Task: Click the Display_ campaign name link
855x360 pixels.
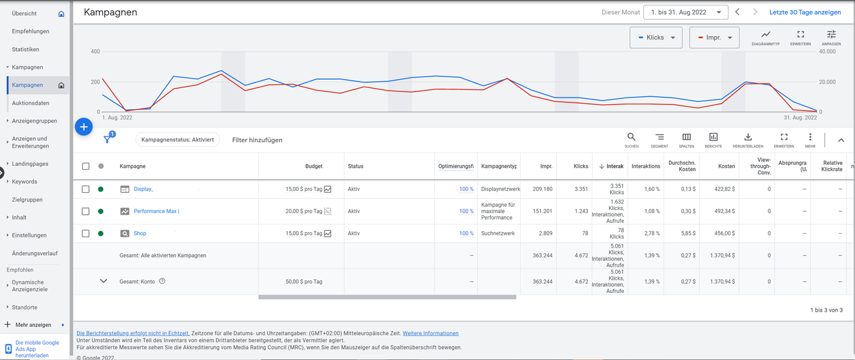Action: [143, 189]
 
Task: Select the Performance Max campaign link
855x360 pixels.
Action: [156, 211]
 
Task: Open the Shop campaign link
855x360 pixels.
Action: [140, 233]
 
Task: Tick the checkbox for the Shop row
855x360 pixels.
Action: [85, 233]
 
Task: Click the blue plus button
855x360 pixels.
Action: [84, 127]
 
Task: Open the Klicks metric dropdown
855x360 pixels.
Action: [656, 37]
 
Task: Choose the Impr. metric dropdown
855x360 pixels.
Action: [714, 37]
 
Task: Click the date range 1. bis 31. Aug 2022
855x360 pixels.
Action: [685, 12]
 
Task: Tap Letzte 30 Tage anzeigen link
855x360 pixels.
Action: [805, 12]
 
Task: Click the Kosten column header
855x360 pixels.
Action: [726, 166]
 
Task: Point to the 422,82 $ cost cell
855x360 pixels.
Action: [722, 189]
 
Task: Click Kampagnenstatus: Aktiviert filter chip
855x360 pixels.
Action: [177, 140]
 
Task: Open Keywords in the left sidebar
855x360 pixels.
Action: [24, 181]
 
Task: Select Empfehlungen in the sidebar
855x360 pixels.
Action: [30, 31]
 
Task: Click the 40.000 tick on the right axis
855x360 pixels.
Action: [828, 52]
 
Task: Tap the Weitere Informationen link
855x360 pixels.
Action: [431, 333]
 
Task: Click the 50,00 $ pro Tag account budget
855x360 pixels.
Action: [304, 281]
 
